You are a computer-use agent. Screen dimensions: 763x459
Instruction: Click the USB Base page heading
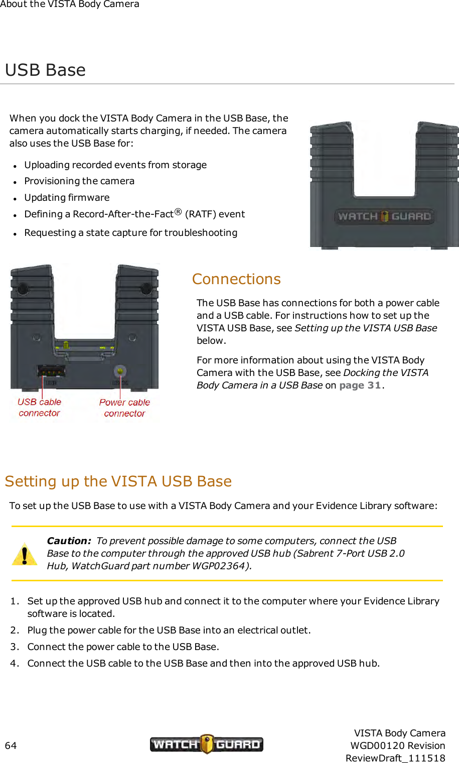(45, 70)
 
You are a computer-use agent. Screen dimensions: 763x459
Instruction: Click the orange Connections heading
(236, 279)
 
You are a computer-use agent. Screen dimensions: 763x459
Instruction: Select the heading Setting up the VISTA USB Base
(118, 481)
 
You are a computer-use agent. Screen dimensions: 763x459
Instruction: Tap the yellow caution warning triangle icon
(24, 554)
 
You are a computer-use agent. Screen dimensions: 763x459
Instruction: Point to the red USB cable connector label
(40, 408)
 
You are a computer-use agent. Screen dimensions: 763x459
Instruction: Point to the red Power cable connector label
(124, 408)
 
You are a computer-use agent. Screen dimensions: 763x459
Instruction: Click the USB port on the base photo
(51, 371)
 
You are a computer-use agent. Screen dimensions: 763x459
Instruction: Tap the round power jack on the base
(119, 371)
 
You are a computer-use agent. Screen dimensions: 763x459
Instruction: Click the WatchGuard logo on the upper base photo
(384, 216)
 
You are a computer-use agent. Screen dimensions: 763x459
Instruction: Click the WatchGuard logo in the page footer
(206, 744)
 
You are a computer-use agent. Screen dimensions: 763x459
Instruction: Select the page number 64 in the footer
(11, 745)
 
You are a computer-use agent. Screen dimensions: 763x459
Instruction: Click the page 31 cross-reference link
(360, 386)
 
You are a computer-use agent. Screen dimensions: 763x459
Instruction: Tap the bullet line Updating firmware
(67, 198)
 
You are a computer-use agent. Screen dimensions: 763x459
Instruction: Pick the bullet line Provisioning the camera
(79, 181)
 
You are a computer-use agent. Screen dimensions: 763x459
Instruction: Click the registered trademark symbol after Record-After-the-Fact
(178, 212)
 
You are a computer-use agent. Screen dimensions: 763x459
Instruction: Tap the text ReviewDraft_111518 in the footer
(395, 758)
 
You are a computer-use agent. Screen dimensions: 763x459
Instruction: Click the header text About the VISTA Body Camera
(70, 5)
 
